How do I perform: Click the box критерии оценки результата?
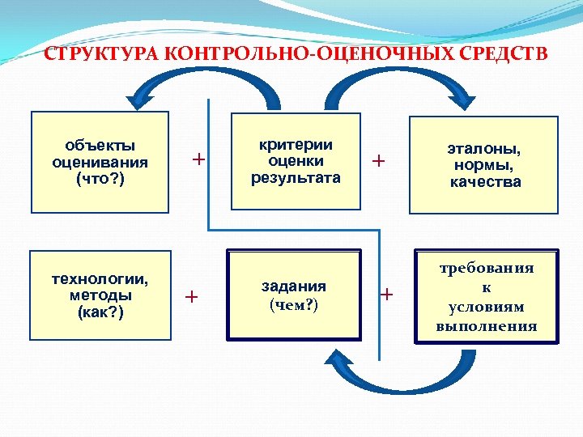[x=295, y=161]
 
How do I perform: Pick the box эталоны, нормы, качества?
[x=484, y=165]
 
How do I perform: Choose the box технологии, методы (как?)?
[x=100, y=295]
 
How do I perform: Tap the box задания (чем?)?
[x=294, y=295]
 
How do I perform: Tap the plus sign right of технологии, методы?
[x=192, y=296]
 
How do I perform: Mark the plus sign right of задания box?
[x=386, y=294]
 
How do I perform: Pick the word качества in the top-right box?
[x=485, y=182]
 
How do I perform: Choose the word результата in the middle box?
[x=296, y=177]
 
